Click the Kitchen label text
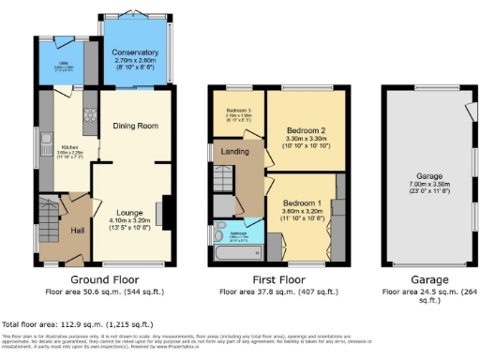[69, 147]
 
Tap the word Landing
[234, 151]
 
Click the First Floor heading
[278, 279]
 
